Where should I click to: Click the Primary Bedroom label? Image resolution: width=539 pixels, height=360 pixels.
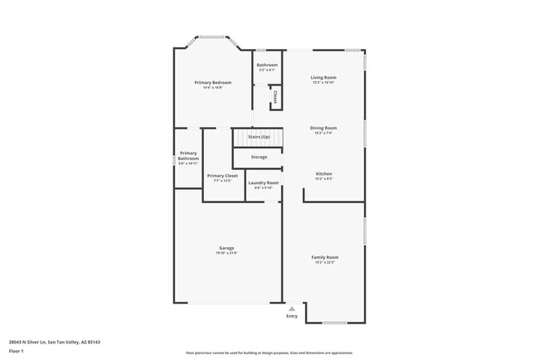[213, 83]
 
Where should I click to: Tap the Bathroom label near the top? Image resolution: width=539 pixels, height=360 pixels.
[267, 65]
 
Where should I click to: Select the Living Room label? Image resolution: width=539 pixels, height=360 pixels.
[323, 77]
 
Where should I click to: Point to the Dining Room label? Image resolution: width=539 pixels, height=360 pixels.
[323, 128]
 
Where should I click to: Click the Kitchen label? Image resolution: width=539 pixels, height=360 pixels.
[323, 173]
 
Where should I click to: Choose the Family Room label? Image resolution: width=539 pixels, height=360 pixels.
[324, 257]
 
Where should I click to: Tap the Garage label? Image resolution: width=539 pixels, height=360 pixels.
[226, 248]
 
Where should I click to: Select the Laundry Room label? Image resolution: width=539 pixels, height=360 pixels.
[265, 182]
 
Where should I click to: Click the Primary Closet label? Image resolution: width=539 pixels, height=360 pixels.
[222, 176]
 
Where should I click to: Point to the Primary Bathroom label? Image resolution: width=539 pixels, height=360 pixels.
[188, 155]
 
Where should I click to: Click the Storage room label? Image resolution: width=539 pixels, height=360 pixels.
[259, 157]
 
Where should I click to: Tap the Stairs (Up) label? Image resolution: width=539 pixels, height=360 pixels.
[259, 136]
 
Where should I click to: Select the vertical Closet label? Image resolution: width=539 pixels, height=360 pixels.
[274, 96]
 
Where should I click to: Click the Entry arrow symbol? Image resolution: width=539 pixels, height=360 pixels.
[292, 308]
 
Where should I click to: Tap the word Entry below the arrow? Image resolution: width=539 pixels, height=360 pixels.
[292, 316]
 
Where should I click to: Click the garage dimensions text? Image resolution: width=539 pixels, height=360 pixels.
[226, 253]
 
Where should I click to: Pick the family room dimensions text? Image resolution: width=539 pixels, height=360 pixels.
[324, 262]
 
